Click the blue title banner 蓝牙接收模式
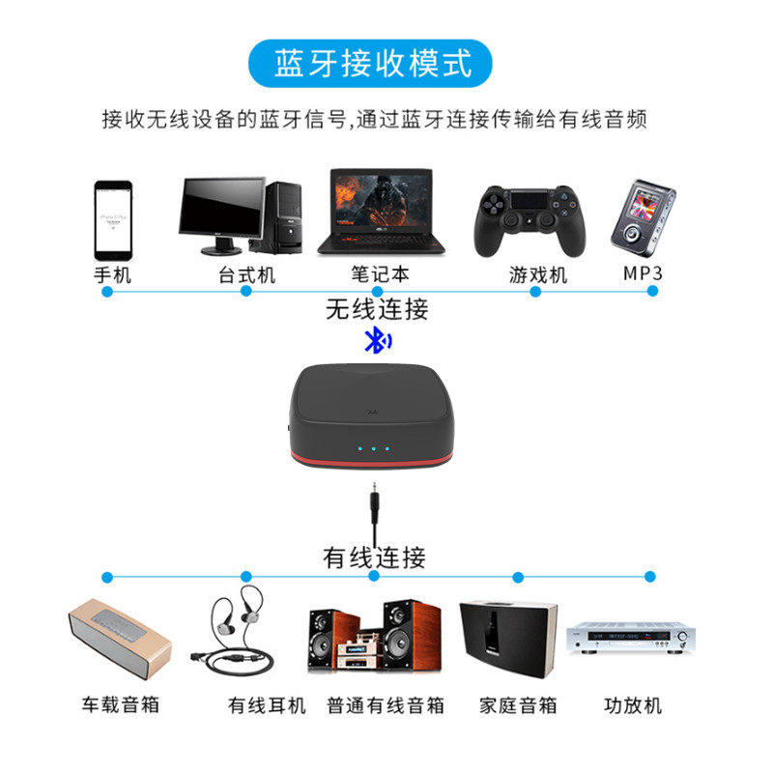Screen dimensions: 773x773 point(373,64)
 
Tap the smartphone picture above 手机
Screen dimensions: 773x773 point(112,220)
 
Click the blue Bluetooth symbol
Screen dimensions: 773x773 point(378,340)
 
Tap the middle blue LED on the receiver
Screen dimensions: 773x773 point(373,448)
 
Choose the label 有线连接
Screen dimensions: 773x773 point(374,558)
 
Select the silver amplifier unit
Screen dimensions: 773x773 point(631,638)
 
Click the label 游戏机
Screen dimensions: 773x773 point(537,274)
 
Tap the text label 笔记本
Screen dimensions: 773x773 point(380,274)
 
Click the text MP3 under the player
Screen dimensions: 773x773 point(643,273)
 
